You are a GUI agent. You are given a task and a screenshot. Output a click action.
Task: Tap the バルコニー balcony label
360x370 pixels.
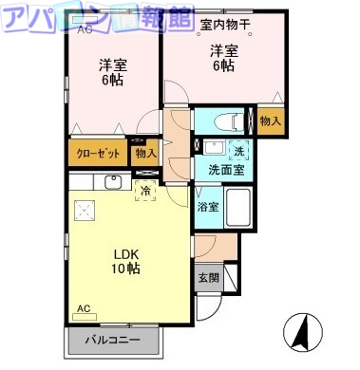(x=115, y=340)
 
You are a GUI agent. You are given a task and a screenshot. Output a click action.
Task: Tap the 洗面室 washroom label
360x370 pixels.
(x=226, y=169)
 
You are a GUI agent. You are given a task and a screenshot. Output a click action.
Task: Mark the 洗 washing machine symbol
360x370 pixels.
(x=238, y=150)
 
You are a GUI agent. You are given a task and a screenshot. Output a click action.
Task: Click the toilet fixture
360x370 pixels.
(x=226, y=121)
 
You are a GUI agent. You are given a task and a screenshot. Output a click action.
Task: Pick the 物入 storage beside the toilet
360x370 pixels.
(x=270, y=121)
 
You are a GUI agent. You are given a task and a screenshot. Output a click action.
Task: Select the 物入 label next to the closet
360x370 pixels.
(x=144, y=152)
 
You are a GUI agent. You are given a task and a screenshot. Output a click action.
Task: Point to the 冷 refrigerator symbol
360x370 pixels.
(x=145, y=190)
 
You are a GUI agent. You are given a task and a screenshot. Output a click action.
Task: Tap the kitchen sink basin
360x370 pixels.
(x=113, y=182)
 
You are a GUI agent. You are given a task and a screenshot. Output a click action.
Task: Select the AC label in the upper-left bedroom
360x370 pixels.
(x=85, y=31)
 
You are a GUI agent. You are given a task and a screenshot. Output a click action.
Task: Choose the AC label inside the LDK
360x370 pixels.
(x=84, y=309)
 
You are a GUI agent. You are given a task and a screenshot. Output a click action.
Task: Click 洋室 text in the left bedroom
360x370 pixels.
(x=113, y=65)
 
